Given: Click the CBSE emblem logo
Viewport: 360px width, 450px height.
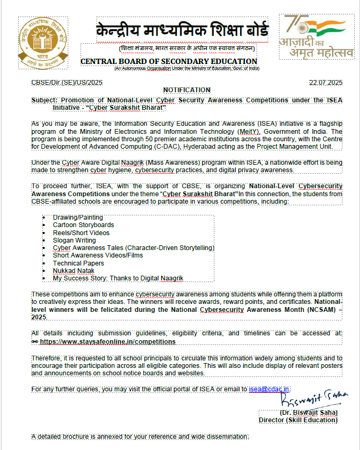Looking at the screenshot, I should click(x=44, y=43).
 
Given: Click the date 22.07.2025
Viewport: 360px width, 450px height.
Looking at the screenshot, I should click(x=325, y=83).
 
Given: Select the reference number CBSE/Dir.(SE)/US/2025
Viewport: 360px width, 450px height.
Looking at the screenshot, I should click(x=67, y=83).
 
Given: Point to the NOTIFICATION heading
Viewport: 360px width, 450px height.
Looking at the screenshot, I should click(x=187, y=90).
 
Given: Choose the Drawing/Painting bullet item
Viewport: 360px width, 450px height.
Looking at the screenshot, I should click(x=78, y=218).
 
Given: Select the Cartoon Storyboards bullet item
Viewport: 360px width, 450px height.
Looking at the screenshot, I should click(x=83, y=225).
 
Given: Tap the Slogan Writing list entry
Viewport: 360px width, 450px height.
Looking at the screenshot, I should click(x=74, y=240).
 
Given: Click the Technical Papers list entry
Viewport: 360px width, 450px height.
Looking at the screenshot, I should click(x=78, y=263).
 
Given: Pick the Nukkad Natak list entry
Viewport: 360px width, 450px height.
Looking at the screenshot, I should click(x=74, y=271).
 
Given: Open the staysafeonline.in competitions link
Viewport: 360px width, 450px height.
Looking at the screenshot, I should click(x=107, y=342).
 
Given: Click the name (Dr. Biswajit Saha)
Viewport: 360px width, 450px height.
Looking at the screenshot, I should click(x=308, y=413).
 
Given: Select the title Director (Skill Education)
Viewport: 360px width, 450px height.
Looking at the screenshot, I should click(x=298, y=420).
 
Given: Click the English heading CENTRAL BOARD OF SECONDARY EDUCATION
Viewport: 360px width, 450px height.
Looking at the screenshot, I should click(x=169, y=62).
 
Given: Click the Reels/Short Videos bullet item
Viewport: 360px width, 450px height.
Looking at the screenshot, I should click(x=81, y=233).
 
